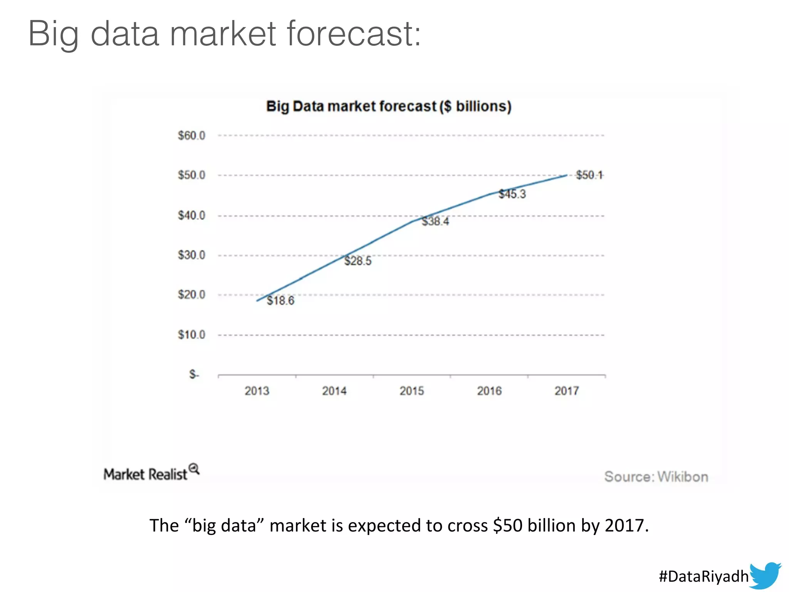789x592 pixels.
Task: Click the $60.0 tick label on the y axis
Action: point(191,136)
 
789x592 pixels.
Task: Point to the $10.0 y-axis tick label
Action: point(191,335)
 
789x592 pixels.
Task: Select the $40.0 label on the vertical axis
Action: point(191,215)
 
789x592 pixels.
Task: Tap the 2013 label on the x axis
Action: point(257,391)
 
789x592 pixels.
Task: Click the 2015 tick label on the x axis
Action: point(412,391)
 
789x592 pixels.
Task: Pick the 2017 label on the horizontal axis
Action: point(567,391)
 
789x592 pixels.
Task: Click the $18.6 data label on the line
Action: point(280,301)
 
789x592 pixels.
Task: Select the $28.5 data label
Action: point(358,261)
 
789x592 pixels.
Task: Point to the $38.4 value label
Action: point(435,221)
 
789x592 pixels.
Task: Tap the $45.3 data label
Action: point(512,194)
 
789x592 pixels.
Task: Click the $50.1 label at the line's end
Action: point(589,175)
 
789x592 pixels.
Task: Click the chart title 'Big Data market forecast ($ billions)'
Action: point(389,106)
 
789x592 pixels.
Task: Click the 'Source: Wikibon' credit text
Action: point(656,477)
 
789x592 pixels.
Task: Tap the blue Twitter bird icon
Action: point(765,575)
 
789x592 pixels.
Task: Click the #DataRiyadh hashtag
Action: point(703,577)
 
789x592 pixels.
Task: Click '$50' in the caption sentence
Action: point(507,526)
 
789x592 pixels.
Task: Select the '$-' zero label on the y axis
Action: point(194,374)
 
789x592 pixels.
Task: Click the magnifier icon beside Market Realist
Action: point(194,469)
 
